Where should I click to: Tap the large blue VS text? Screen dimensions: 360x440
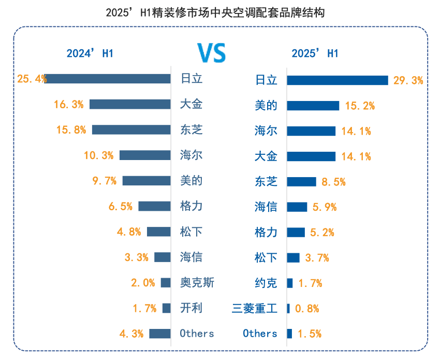(x=211, y=53)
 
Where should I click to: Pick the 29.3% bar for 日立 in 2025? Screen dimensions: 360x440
(x=338, y=80)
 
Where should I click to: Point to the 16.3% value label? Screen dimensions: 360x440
(x=69, y=105)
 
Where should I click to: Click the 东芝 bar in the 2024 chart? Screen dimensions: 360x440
(x=131, y=129)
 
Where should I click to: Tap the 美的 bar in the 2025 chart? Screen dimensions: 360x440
(x=313, y=106)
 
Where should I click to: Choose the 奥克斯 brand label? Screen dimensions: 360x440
(x=197, y=283)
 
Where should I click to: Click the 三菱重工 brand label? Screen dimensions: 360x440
(x=255, y=309)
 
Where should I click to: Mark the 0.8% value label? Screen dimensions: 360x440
(x=307, y=309)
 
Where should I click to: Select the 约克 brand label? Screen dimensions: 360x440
(x=266, y=283)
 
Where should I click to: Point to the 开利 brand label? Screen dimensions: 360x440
(x=191, y=308)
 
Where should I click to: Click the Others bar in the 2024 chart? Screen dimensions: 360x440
(x=160, y=334)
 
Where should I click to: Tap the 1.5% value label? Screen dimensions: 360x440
(x=309, y=334)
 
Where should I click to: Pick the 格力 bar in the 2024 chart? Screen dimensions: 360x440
(x=154, y=206)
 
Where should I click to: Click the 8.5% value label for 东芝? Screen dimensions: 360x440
(x=333, y=182)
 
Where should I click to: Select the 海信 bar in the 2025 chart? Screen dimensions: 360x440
(x=297, y=207)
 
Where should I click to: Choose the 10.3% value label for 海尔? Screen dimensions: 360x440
(x=99, y=155)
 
